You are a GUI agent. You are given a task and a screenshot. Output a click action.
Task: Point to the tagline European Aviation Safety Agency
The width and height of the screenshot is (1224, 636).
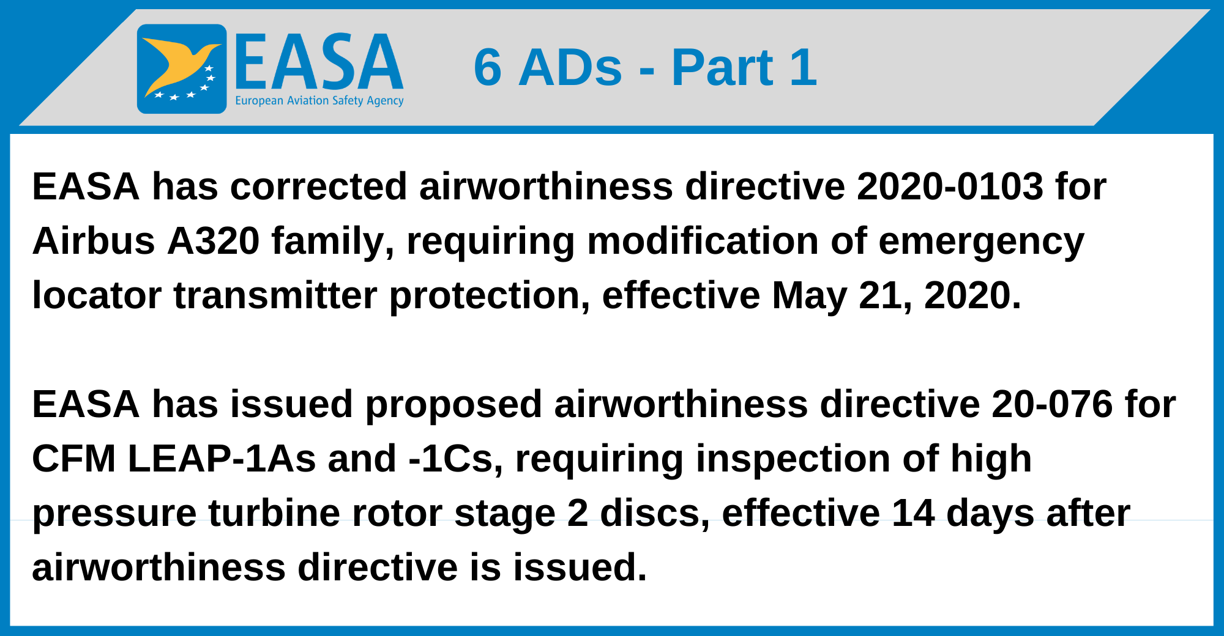[x=319, y=101]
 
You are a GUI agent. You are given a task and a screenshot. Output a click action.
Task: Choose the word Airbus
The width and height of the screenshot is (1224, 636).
[x=93, y=240]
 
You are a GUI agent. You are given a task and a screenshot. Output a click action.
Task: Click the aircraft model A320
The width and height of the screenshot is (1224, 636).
[x=213, y=240]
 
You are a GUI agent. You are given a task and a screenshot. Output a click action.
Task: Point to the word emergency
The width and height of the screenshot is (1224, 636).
[x=981, y=242]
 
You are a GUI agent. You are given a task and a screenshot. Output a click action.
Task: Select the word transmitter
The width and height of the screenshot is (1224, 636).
[x=275, y=295]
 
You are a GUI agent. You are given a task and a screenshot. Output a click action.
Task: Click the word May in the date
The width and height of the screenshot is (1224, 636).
[x=809, y=296]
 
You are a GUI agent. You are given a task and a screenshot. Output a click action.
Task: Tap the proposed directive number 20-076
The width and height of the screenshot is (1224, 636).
[x=1051, y=404]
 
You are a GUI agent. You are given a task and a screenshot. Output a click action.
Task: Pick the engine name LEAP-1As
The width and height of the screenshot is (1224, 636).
[x=222, y=459]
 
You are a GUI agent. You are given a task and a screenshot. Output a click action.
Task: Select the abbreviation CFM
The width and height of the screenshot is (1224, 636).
[x=73, y=459]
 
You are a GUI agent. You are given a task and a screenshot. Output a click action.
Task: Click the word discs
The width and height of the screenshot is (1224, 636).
[x=654, y=512]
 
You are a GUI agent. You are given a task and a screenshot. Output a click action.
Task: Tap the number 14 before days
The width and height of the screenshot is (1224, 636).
[x=912, y=512]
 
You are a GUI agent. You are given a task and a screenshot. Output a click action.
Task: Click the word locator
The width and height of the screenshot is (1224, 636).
[x=96, y=295]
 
